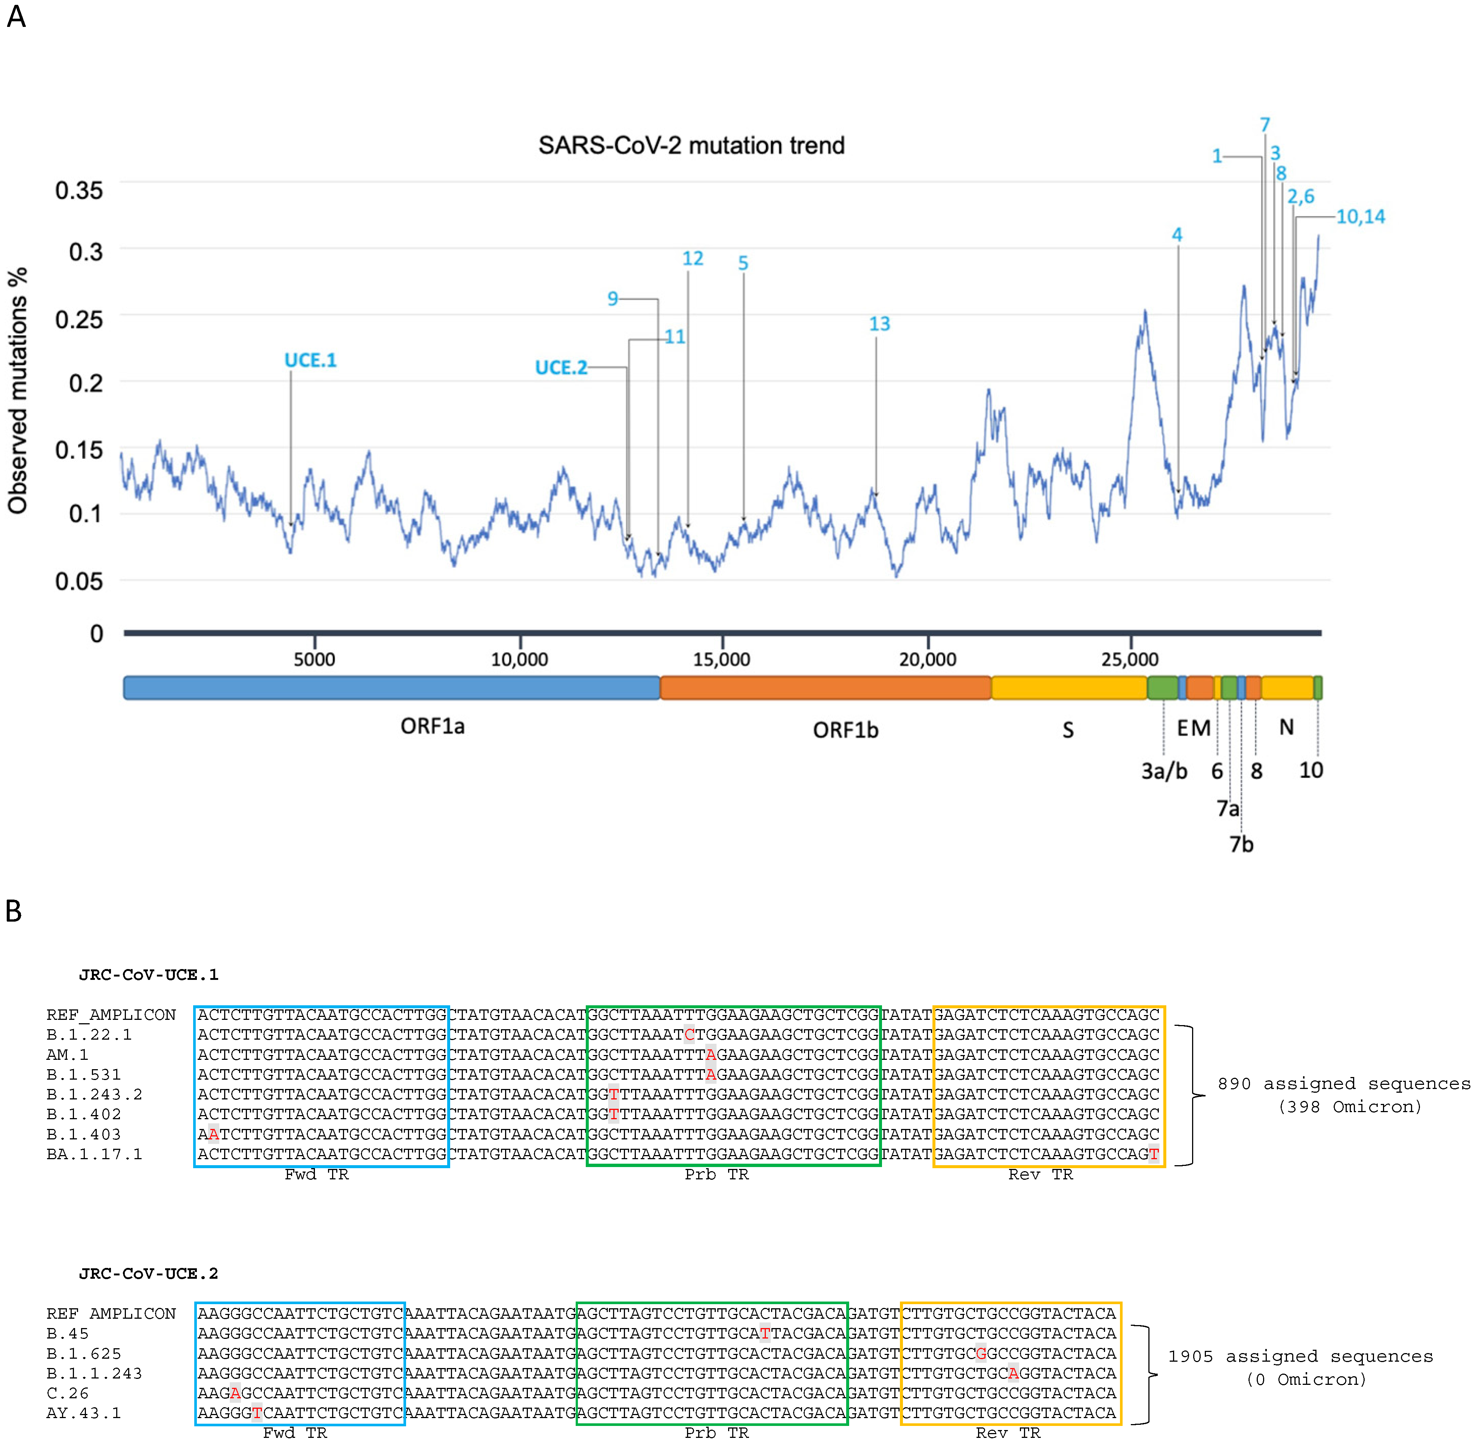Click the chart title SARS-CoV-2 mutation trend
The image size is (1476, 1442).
pos(691,145)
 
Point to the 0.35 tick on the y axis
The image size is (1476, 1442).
pos(79,190)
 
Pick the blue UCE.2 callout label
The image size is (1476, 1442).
pos(560,368)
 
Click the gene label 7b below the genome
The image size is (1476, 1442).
pos(1241,844)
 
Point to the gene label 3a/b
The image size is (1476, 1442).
pos(1164,771)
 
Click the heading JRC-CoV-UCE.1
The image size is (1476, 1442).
pos(148,975)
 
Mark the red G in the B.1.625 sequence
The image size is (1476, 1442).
pos(981,1353)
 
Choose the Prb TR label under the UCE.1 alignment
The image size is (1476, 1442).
pos(717,1175)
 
